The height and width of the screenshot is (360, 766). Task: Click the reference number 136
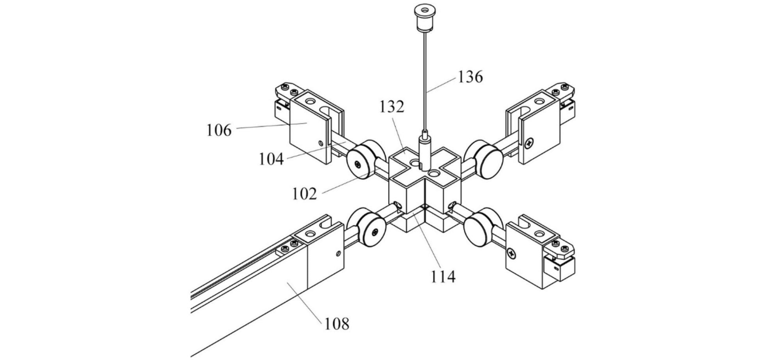coord(470,77)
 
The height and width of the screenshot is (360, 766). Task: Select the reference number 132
coord(392,107)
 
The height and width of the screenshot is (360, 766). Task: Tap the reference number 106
coord(219,130)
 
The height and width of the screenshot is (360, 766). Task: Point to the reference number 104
coord(271,159)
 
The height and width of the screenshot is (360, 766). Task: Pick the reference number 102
coord(304,194)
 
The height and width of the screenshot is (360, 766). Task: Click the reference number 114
coord(443,276)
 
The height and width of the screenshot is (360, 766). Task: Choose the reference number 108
coord(337,324)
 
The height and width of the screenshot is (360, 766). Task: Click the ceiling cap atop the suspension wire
coord(424,17)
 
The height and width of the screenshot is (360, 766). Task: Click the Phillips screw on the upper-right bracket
coord(530,141)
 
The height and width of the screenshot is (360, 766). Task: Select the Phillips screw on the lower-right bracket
coord(511,254)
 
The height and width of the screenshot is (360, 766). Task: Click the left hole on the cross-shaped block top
coord(416,163)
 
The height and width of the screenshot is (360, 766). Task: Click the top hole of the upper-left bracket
coord(310,101)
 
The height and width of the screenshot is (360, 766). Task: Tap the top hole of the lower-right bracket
coord(540,234)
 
